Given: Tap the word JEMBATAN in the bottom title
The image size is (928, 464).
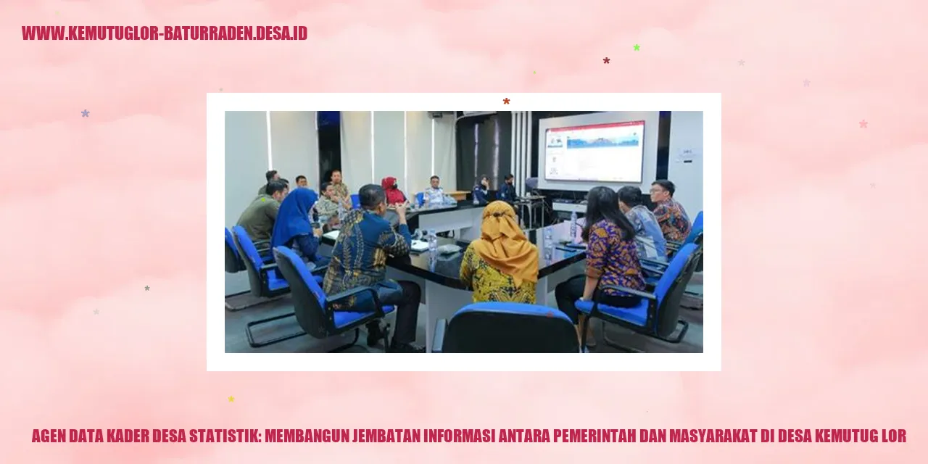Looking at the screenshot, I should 388,436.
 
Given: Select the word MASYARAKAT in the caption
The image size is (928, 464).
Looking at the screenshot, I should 715,436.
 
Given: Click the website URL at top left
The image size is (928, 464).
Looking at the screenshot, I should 165,33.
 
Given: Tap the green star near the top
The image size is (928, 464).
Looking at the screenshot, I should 637,48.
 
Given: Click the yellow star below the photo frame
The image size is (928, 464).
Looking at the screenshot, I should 231,399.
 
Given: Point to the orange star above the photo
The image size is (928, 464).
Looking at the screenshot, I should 506,101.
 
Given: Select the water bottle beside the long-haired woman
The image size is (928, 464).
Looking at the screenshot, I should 573,226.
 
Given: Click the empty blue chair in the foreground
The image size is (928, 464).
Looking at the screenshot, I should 507,330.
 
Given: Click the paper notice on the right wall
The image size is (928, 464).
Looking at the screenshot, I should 686,154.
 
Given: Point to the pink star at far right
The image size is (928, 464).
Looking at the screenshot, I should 863,124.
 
